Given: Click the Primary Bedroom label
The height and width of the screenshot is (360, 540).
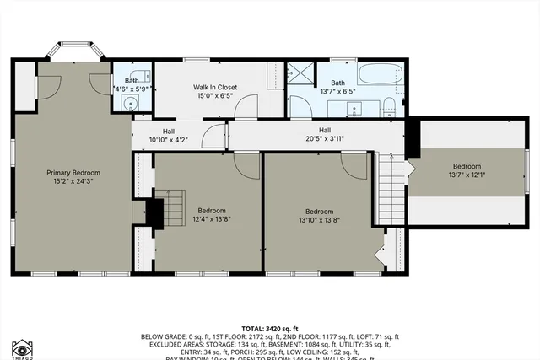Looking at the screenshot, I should click(x=72, y=171).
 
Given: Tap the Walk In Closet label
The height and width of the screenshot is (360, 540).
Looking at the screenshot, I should click(x=214, y=87).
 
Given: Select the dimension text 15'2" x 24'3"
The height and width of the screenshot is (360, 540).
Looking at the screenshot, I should click(x=72, y=180).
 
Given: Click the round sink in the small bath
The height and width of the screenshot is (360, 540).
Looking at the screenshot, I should click(x=130, y=104).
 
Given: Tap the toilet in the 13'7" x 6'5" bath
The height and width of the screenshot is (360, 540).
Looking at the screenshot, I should click(x=390, y=105).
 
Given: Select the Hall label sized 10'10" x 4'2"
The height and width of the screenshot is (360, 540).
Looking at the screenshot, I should click(x=169, y=132).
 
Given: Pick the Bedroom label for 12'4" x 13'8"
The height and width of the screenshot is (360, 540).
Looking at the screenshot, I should click(x=212, y=210).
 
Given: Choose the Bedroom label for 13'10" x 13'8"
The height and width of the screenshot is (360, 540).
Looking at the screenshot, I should click(x=319, y=211).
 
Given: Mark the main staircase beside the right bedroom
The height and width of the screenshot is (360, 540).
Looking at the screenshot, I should click(x=390, y=189).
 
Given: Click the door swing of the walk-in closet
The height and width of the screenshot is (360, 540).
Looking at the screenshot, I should click(x=247, y=106).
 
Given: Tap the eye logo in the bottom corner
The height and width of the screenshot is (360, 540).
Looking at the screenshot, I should click(x=23, y=347).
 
